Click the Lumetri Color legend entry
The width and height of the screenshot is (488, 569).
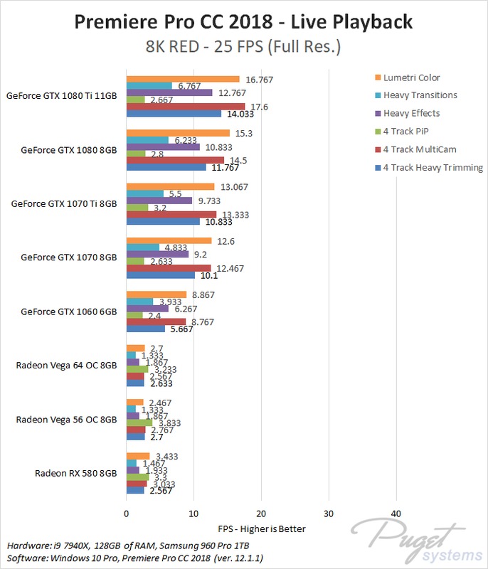point(410,77)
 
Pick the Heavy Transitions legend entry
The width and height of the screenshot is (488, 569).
point(420,95)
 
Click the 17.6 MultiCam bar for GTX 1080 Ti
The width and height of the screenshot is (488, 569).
point(185,106)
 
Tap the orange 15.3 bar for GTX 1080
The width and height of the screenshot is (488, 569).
point(178,133)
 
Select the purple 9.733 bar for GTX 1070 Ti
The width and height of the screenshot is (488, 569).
point(159,201)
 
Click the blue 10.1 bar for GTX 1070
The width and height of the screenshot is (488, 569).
point(160,275)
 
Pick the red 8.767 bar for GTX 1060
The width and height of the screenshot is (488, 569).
point(156,321)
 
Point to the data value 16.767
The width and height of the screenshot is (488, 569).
point(260,79)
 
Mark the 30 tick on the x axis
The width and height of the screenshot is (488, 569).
point(328,514)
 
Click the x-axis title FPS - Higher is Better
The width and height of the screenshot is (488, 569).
point(262,529)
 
